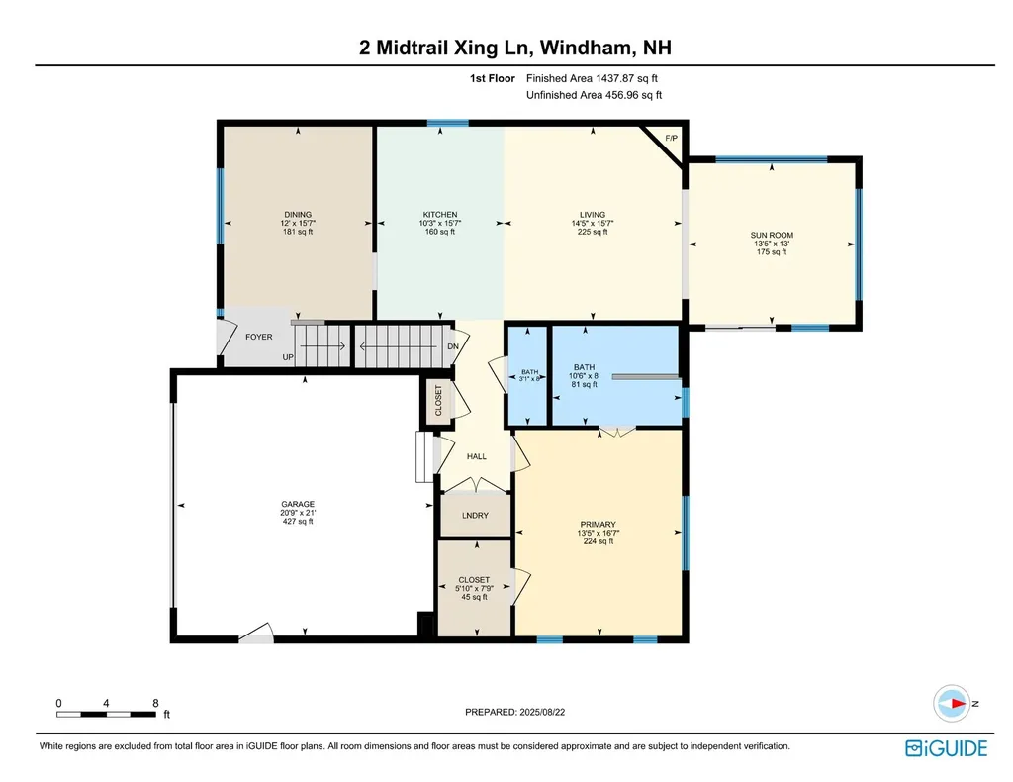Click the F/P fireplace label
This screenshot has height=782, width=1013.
coord(672,139)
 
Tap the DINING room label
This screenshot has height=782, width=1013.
coord(298,215)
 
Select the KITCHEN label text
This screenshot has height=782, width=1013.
coord(440,215)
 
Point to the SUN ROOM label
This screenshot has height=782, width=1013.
coord(772,236)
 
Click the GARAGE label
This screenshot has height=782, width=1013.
coord(298,504)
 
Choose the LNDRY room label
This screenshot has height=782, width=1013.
coord(476,515)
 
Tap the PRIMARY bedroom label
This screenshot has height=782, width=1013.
coord(599,524)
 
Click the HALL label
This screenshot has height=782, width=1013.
coord(477,456)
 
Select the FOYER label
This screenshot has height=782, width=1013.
coord(259,337)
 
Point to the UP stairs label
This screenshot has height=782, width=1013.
coord(288,357)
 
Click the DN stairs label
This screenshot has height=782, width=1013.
coord(453,346)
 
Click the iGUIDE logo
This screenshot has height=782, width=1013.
coord(947,748)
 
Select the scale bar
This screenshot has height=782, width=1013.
coord(106,714)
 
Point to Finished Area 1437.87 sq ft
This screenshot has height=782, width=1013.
coord(592,79)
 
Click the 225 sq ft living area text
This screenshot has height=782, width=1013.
coord(593,232)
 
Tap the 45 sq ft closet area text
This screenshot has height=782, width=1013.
coord(474,597)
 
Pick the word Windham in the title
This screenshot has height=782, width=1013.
coord(587,48)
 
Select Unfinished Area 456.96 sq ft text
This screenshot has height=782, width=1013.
coord(594,96)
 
